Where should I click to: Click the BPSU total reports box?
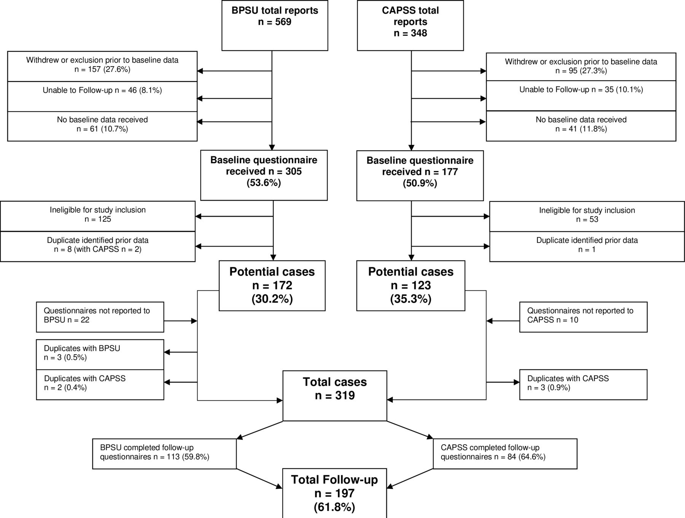coord(275,25)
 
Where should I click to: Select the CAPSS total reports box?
coord(410,25)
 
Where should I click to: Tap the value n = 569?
coord(275,22)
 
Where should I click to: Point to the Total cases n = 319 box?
coord(335,396)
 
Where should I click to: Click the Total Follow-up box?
coord(335,493)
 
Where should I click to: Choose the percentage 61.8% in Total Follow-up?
coord(335,507)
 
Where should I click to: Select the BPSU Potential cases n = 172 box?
coord(272,286)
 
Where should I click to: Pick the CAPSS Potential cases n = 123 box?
coord(411,286)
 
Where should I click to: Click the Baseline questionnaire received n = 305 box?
coord(264,175)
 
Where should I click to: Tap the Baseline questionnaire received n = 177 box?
coord(420,176)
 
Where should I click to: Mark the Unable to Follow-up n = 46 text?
coord(102,91)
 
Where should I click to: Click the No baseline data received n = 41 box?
coord(581,126)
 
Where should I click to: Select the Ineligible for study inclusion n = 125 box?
coord(98,216)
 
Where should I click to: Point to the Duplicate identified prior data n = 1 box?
coord(587,246)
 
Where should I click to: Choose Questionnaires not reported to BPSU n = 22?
coord(100,317)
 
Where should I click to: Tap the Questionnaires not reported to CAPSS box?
coord(583,317)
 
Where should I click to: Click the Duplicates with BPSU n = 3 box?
coord(100,354)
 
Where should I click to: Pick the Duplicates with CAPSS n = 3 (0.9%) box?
coord(583,385)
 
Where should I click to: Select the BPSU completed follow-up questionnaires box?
coord(164,454)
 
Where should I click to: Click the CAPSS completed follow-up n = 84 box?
coord(505,454)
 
